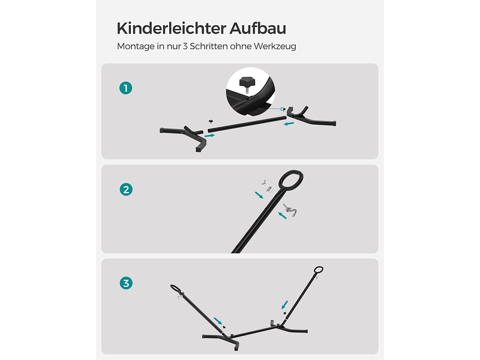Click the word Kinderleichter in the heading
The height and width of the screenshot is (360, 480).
point(172,28)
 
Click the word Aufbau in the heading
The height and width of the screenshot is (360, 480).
point(258,28)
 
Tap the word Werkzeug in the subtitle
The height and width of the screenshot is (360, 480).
point(275,46)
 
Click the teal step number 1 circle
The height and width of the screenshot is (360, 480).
point(126,88)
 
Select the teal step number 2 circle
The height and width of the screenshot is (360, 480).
point(126,190)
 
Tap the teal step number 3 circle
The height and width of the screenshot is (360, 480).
point(126,283)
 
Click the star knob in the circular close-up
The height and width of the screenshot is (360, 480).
point(247,83)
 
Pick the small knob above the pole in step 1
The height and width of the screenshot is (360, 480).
point(211,122)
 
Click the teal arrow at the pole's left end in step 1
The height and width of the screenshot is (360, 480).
point(209,135)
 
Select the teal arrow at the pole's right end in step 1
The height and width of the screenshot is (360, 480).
point(289,124)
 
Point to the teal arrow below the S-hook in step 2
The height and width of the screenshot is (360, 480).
point(283,215)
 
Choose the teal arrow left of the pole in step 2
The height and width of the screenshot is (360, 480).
point(259,195)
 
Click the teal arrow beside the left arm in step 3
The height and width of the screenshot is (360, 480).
point(218,321)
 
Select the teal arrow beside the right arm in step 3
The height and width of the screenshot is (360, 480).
point(284,305)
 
